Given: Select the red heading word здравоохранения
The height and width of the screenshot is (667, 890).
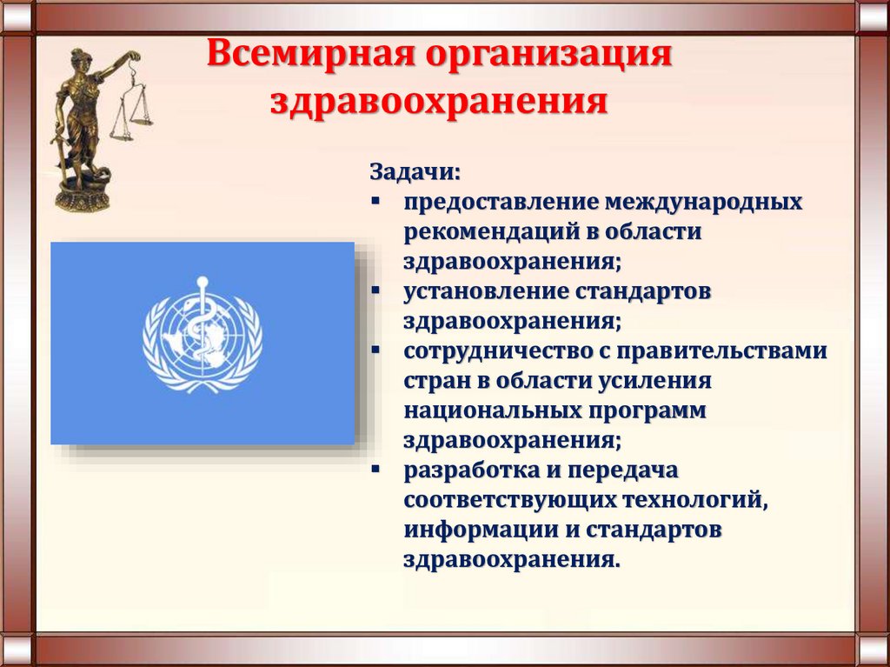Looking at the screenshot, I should (440, 103).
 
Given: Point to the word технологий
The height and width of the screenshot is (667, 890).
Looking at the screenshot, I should (695, 500).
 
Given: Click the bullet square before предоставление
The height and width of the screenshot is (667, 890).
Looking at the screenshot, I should (375, 201).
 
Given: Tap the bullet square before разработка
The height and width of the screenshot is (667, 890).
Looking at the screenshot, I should (375, 470).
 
